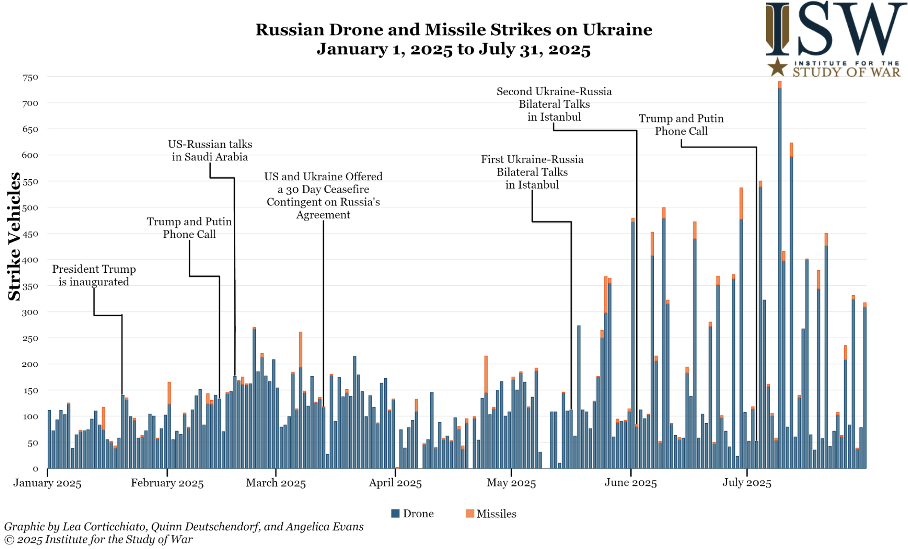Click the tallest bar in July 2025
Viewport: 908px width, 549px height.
[780, 276]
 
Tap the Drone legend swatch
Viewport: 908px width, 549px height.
[395, 513]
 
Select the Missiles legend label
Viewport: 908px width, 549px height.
[496, 514]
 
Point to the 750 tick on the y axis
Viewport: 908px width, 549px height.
[31, 78]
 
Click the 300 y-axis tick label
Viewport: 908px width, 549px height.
[31, 312]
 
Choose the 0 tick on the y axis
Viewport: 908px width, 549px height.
[35, 469]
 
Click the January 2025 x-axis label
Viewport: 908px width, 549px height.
[47, 483]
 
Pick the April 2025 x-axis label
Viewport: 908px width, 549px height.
[395, 483]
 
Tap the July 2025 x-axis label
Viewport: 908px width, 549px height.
[746, 483]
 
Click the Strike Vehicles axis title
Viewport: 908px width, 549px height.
[14, 236]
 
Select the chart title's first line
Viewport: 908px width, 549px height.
[454, 30]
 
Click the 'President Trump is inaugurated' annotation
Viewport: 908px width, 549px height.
[94, 275]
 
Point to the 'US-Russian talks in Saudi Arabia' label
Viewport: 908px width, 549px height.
[210, 150]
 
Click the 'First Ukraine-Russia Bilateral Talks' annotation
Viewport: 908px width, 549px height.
[532, 172]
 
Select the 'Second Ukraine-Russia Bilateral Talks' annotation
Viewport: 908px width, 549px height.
[554, 104]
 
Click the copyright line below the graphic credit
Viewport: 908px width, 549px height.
[98, 540]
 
